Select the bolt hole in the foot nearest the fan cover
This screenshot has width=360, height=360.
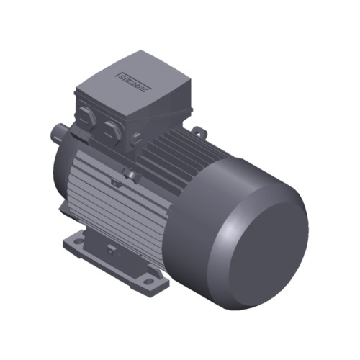click(148, 279)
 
